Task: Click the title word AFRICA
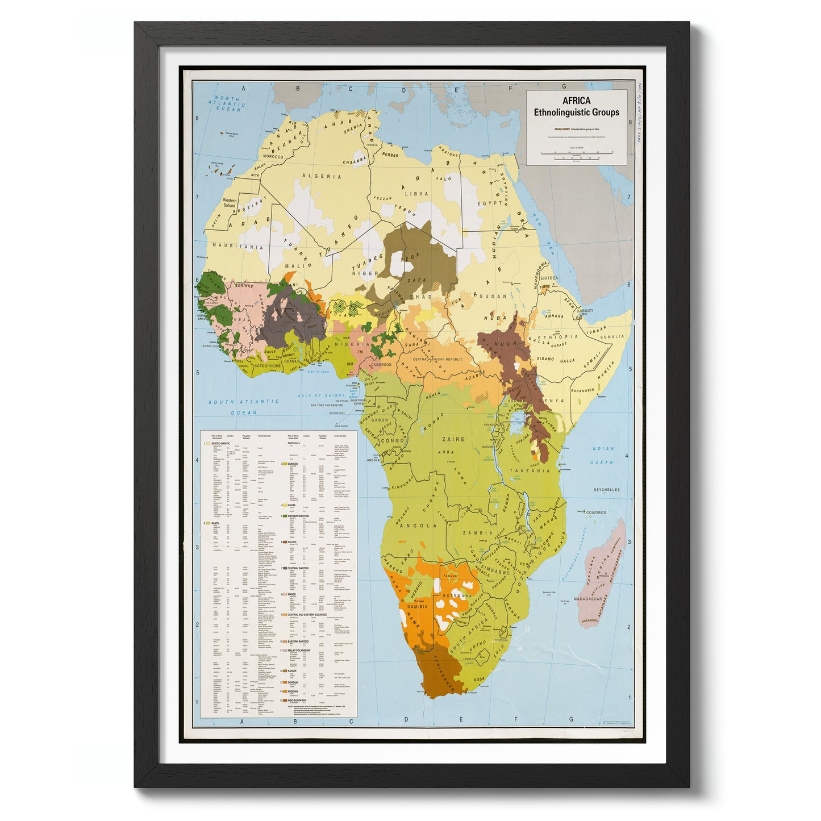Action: tap(576, 101)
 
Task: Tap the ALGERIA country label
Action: tap(321, 177)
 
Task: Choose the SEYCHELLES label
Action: tap(606, 490)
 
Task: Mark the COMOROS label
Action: tap(596, 512)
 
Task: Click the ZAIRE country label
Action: tap(453, 439)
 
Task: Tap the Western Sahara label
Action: tap(230, 203)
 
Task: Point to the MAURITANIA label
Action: tap(237, 247)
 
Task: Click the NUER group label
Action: tap(507, 344)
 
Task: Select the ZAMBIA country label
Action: tap(477, 533)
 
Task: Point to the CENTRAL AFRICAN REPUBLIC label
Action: tap(437, 360)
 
